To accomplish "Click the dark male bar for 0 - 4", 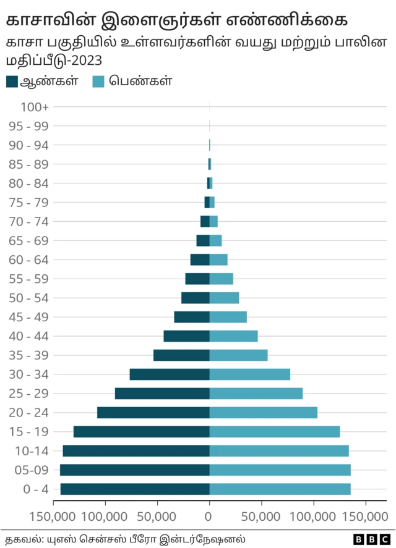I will tap(135, 489).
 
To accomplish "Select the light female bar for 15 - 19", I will tap(275, 432).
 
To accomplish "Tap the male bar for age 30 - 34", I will tap(170, 374).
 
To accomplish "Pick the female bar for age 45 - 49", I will tap(228, 317).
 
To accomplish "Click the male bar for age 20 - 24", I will tap(153, 413).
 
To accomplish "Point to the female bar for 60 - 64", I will tap(218, 259).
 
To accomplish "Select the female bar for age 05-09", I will tap(280, 470).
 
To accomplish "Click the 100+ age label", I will tap(35, 107).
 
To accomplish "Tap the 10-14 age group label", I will tap(31, 451).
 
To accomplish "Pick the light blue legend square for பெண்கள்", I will tap(98, 82).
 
